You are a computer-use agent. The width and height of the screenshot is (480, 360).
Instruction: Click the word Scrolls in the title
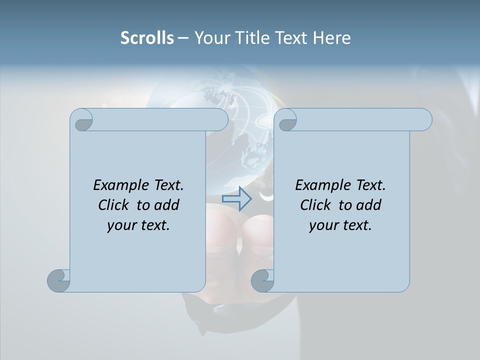pyautogui.click(x=147, y=38)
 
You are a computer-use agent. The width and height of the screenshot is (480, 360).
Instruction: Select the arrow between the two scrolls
pyautogui.click(x=236, y=198)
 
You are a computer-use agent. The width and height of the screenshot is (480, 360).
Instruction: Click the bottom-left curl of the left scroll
pyautogui.click(x=58, y=280)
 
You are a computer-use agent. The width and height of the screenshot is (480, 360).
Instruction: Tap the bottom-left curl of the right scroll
pyautogui.click(x=262, y=280)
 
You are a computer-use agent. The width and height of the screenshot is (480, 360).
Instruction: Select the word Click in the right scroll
pyautogui.click(x=315, y=205)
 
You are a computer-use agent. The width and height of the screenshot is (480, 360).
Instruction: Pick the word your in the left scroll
pyautogui.click(x=120, y=225)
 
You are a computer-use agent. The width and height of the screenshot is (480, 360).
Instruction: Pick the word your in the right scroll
pyautogui.click(x=322, y=225)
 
